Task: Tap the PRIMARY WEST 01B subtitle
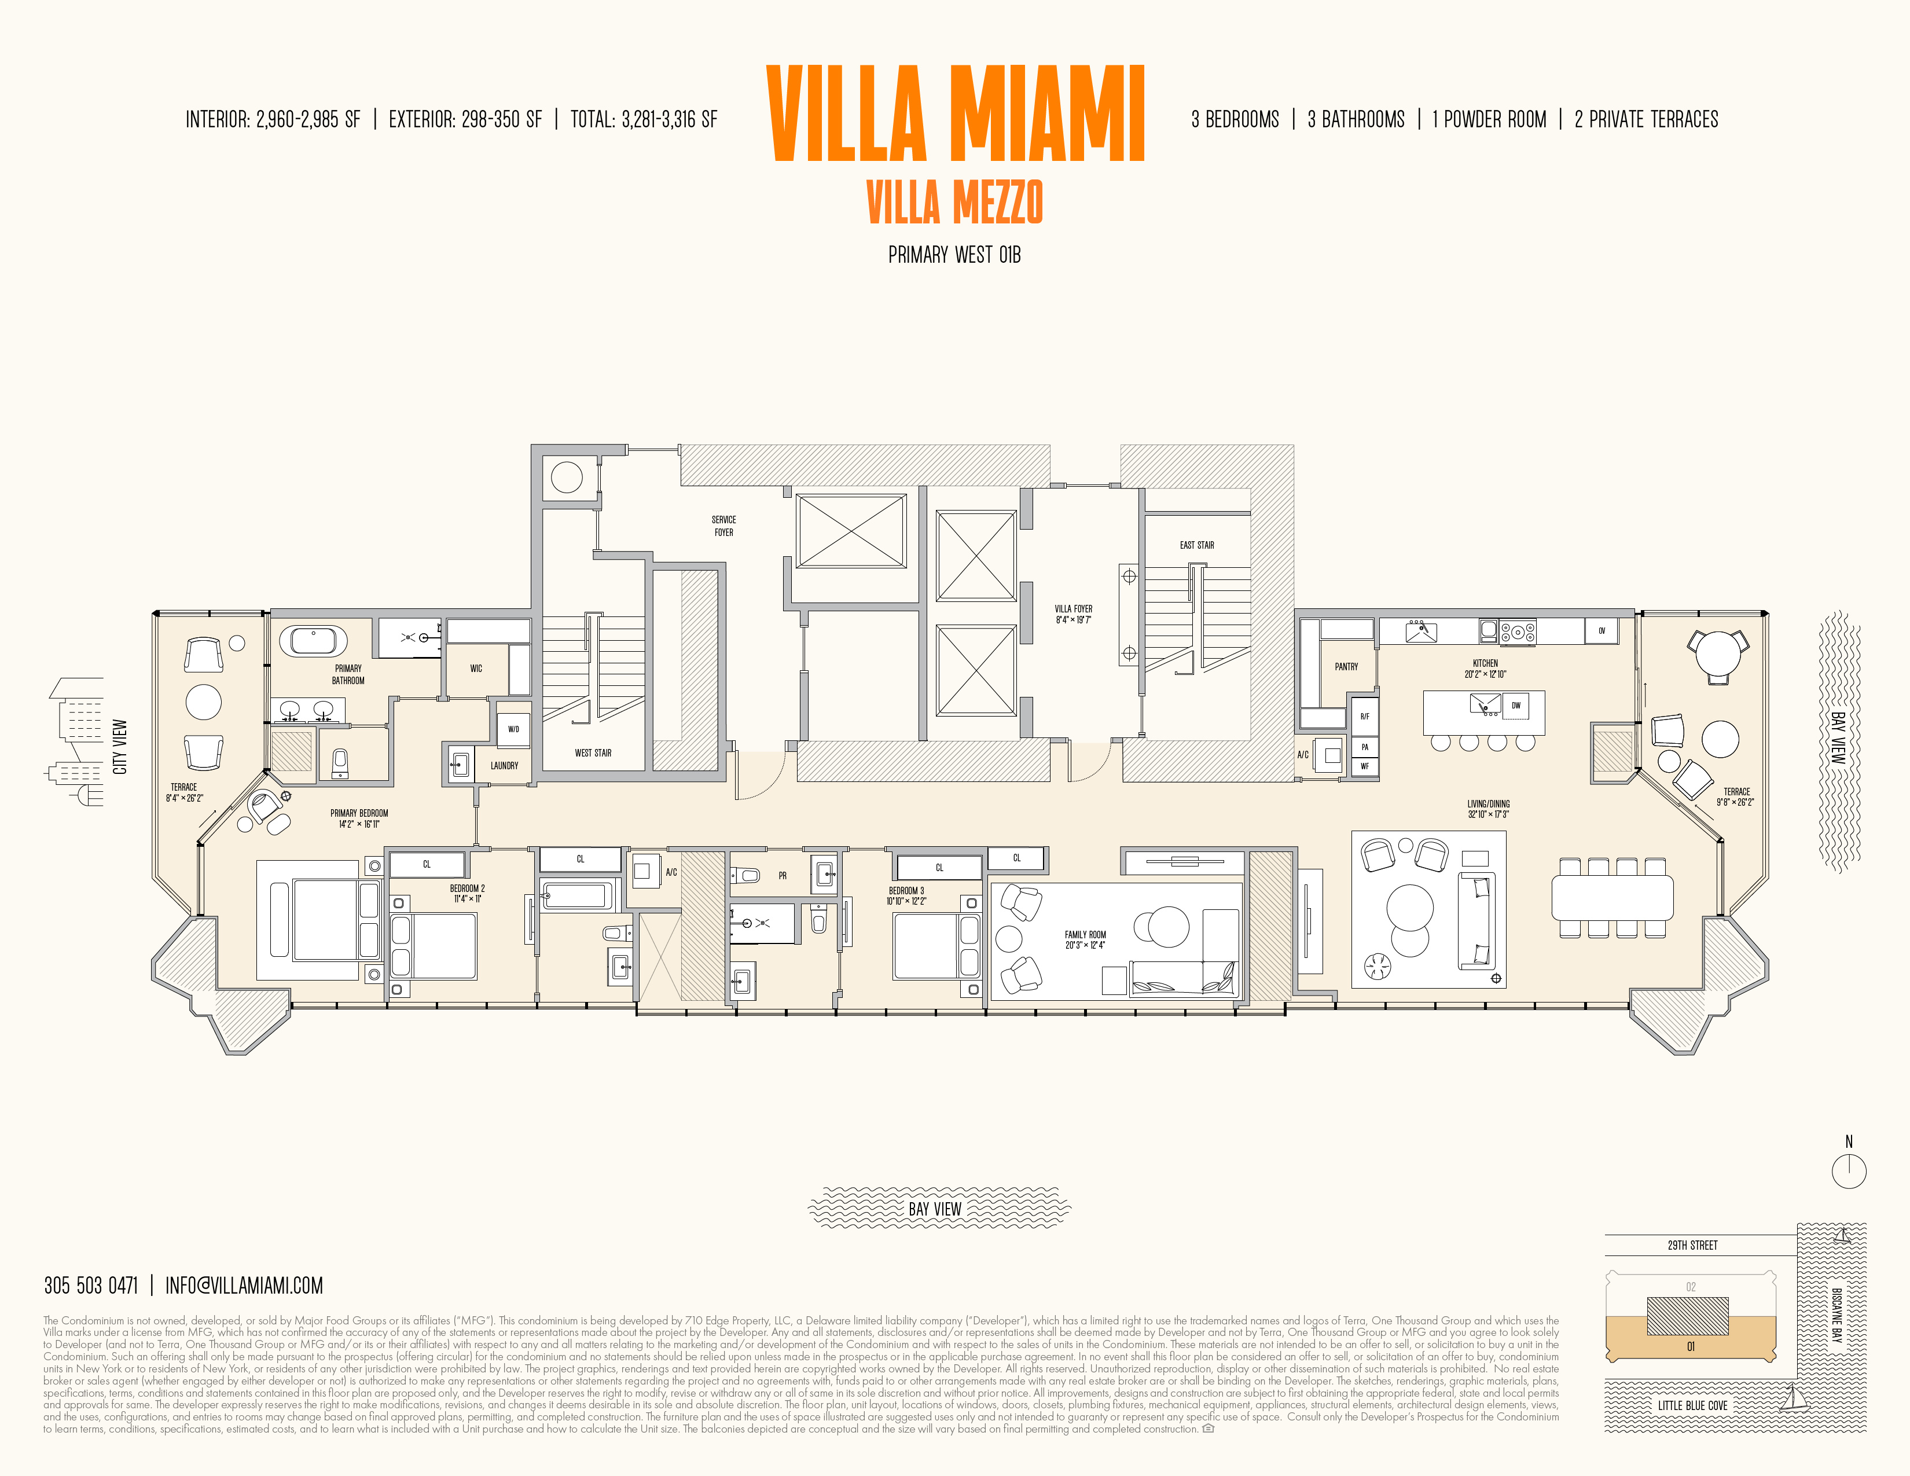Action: point(954,255)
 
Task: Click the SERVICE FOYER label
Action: point(723,526)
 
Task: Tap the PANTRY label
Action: point(1346,666)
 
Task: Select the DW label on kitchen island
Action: point(1516,706)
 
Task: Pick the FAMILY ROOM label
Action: point(1085,939)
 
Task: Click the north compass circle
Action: point(1849,1171)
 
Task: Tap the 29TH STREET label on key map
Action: point(1692,1245)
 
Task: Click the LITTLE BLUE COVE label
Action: point(1692,1405)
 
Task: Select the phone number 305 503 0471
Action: point(91,1286)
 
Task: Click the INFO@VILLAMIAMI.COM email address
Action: point(244,1286)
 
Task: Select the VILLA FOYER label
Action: point(1073,614)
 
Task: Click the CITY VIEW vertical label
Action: point(120,747)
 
